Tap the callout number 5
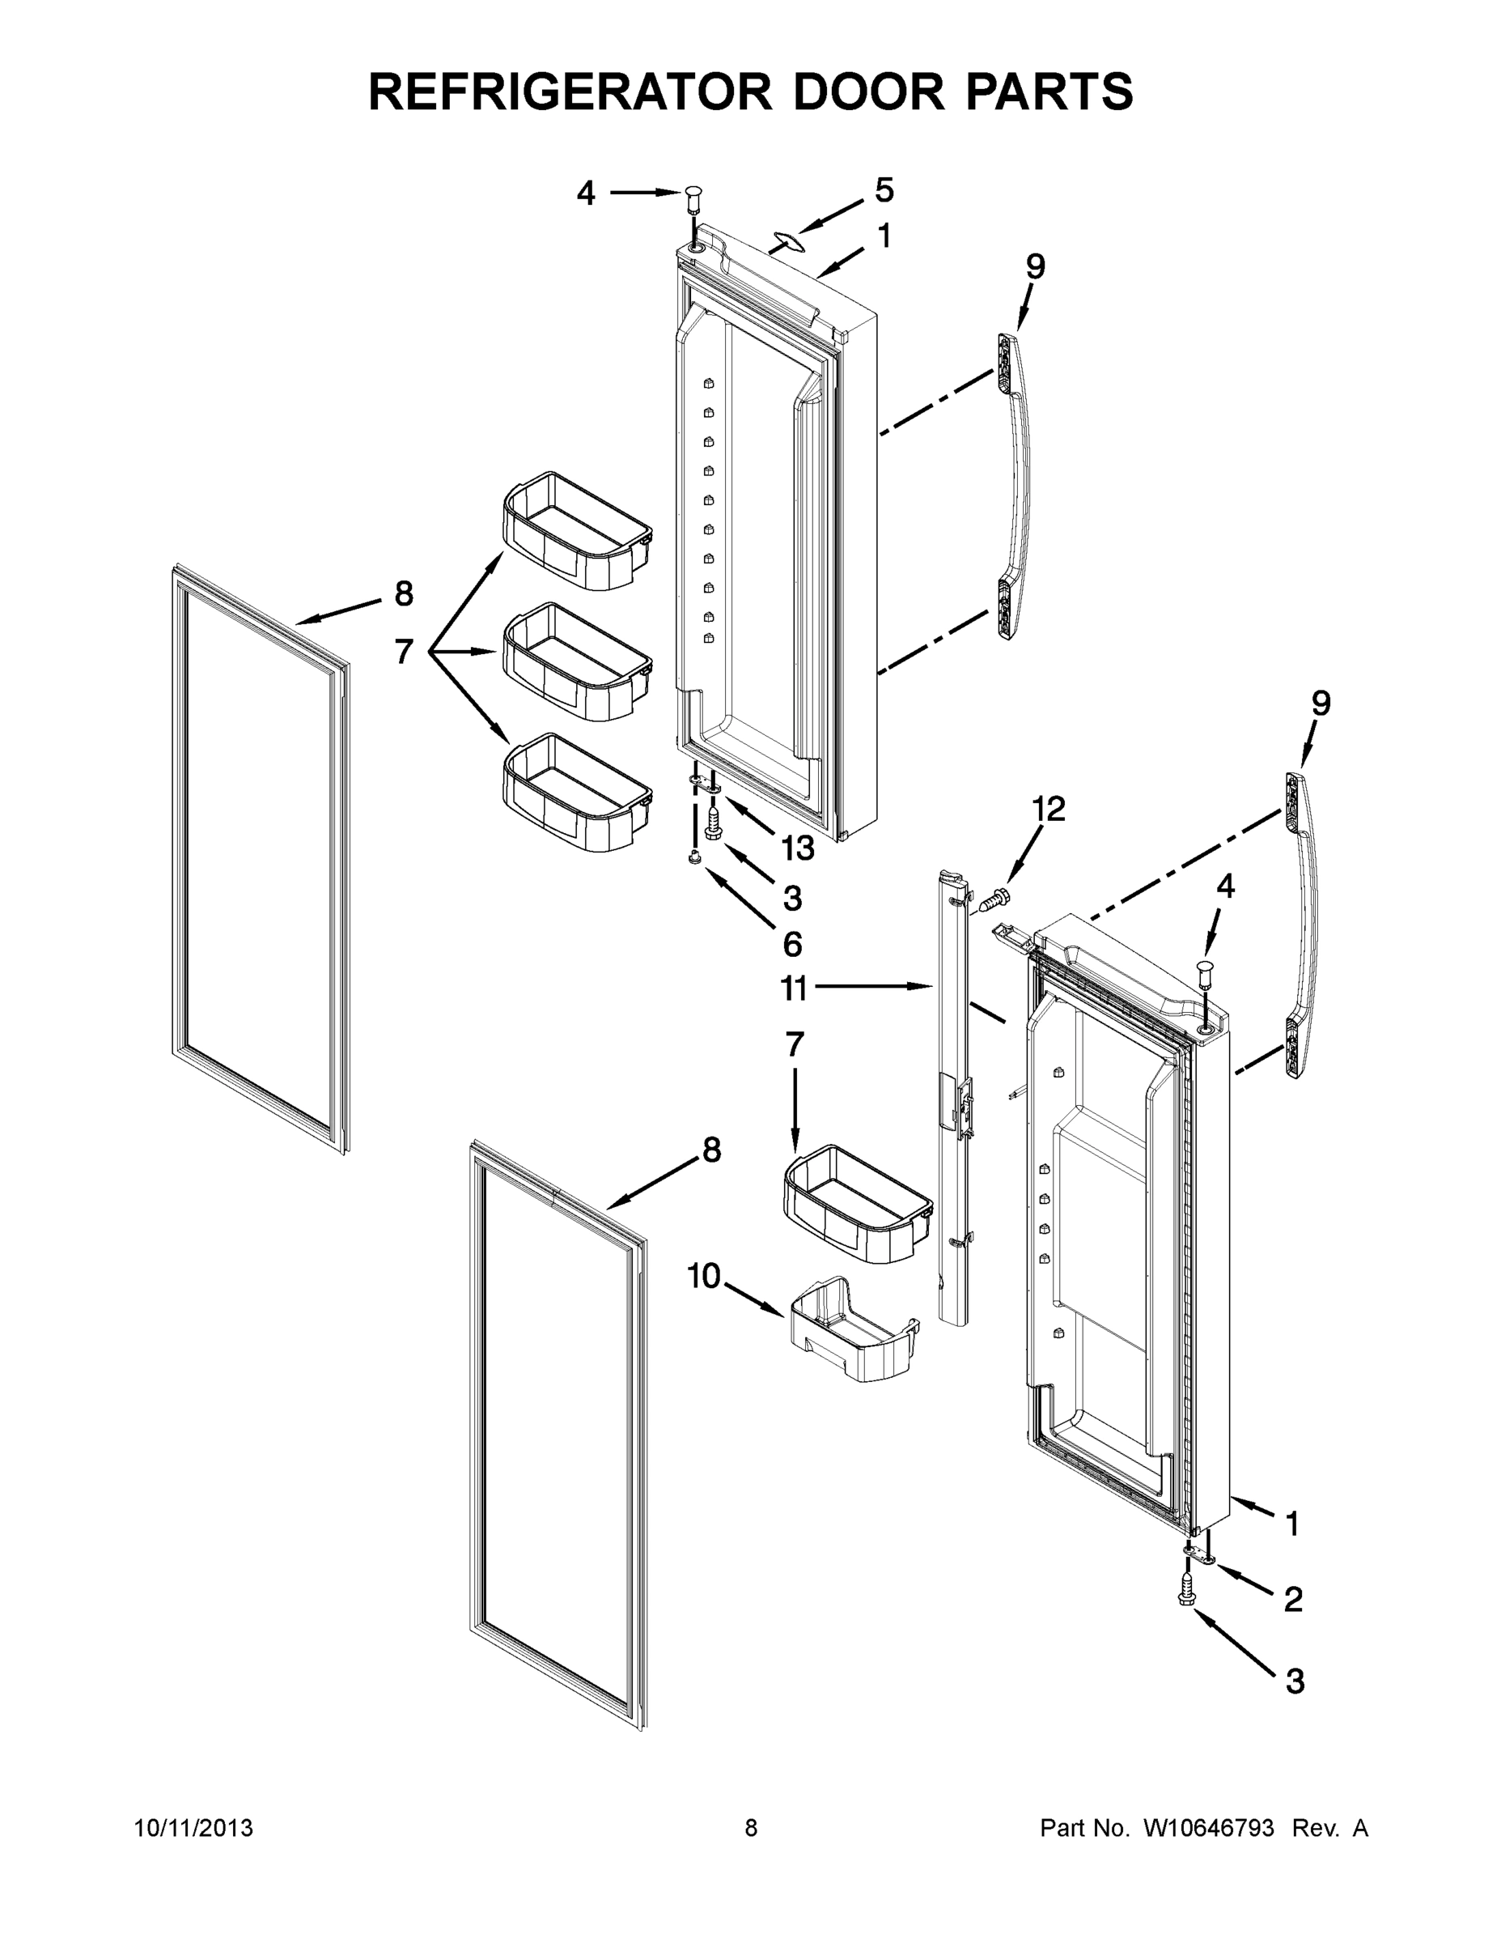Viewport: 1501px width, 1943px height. pyautogui.click(x=884, y=189)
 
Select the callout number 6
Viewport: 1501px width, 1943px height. pyautogui.click(x=791, y=944)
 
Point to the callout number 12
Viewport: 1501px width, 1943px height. pyautogui.click(x=1049, y=809)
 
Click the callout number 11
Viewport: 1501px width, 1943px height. pyautogui.click(x=793, y=988)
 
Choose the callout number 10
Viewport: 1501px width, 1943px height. pyautogui.click(x=704, y=1277)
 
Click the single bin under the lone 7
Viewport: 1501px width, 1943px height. pyautogui.click(x=857, y=1203)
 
